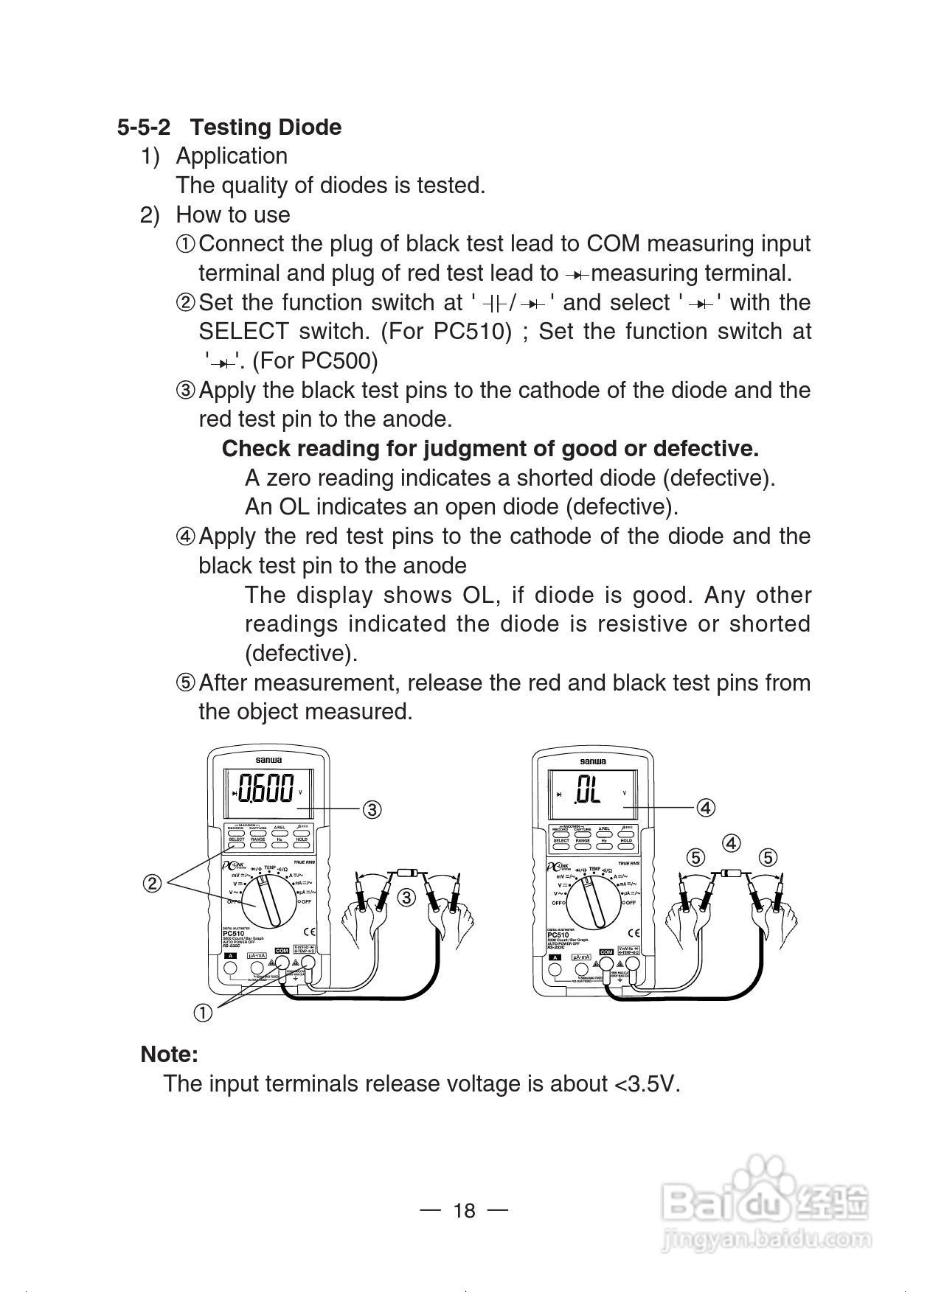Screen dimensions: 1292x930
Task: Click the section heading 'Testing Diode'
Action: [266, 127]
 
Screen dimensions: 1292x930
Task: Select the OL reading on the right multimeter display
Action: [589, 791]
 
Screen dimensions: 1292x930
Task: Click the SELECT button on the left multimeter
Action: [236, 839]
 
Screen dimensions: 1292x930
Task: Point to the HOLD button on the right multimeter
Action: [626, 840]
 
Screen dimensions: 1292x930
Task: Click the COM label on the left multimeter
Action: [282, 951]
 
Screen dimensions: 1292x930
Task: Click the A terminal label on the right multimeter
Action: [555, 957]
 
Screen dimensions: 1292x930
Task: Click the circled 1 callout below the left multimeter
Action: [203, 1013]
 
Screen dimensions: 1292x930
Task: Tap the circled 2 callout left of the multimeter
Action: [152, 883]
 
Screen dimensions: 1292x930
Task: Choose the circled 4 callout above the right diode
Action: [731, 842]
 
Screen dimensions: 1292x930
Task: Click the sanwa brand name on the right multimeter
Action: [592, 761]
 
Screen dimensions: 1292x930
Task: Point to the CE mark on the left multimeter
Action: [312, 931]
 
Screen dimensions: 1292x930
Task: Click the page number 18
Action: [465, 1211]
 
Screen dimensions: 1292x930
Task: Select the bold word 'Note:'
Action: [170, 1054]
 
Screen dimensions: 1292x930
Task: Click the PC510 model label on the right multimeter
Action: [558, 935]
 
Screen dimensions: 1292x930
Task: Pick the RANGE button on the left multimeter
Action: [258, 839]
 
